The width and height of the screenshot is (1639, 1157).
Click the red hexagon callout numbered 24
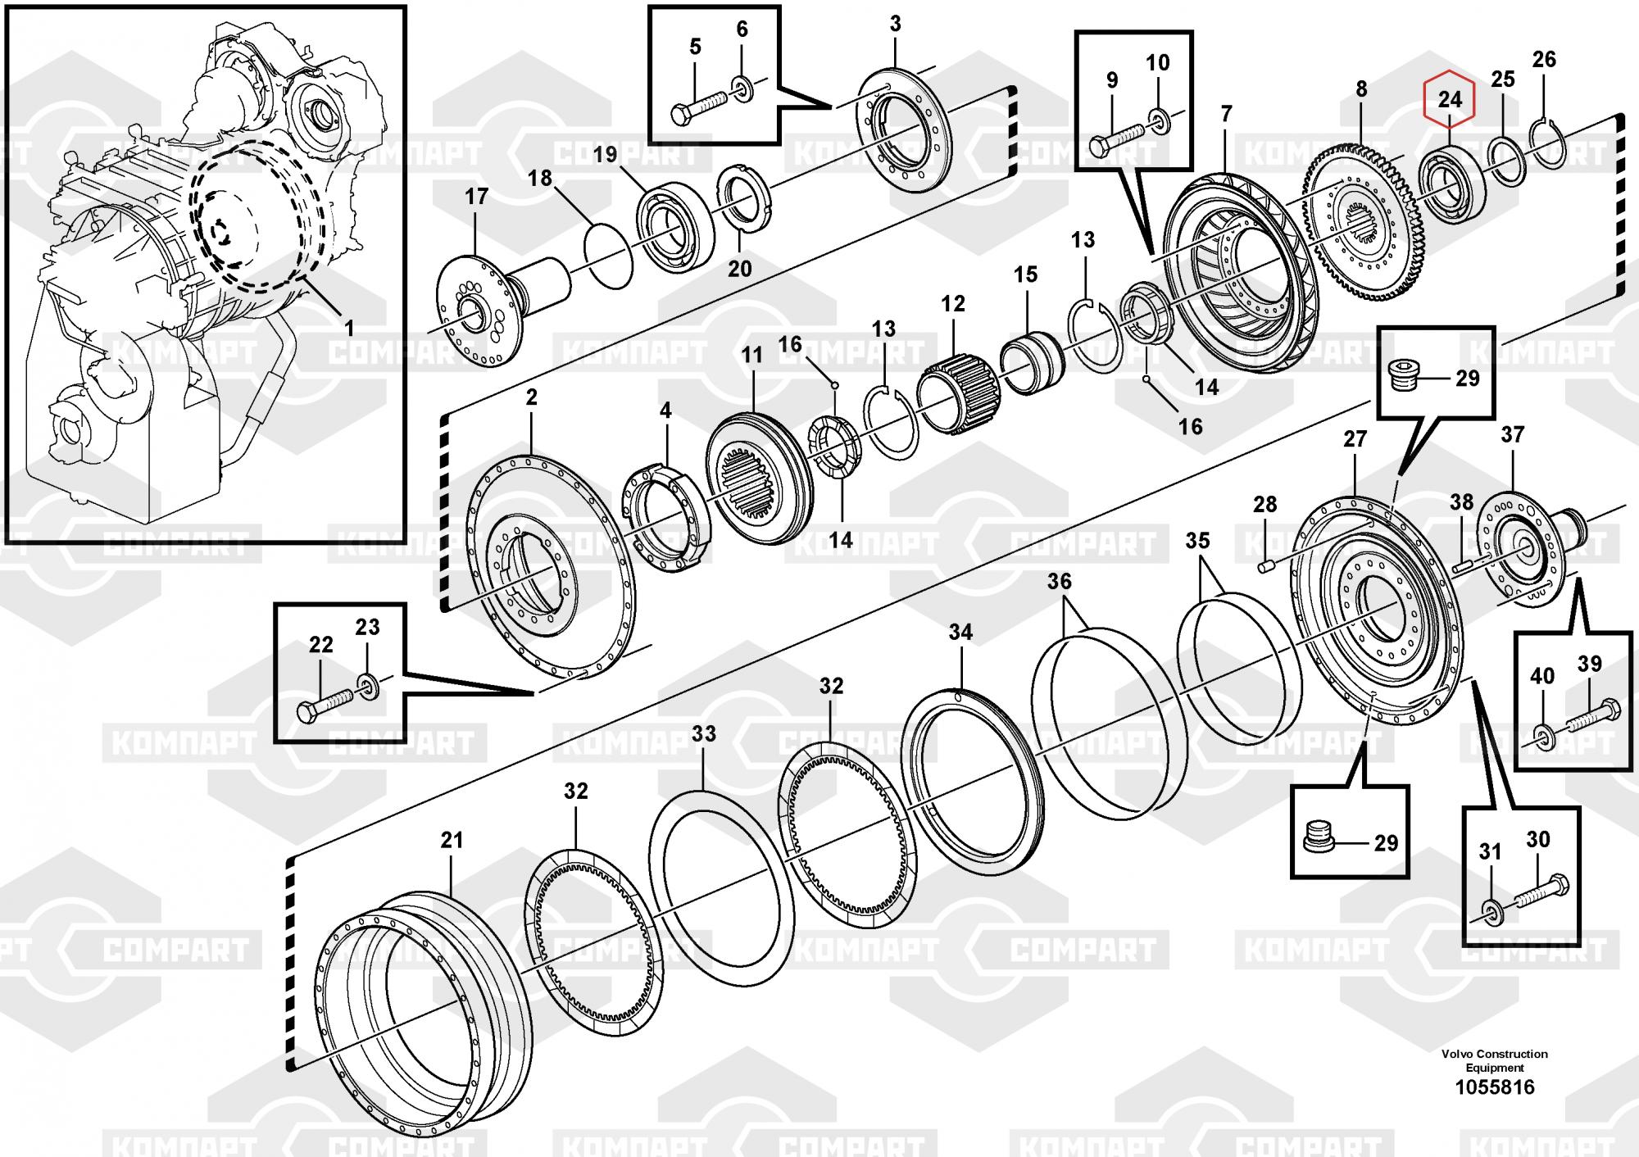[1450, 100]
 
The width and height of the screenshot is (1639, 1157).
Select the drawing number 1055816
[1494, 1087]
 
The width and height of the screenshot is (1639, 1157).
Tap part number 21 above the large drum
[452, 840]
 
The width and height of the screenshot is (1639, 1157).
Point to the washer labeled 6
[742, 88]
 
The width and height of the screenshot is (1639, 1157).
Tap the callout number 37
[1512, 434]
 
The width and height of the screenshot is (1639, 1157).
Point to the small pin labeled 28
[1266, 565]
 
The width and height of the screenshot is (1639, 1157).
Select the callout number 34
[960, 632]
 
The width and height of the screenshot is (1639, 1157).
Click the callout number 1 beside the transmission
[349, 329]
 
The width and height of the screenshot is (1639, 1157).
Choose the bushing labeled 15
[1032, 363]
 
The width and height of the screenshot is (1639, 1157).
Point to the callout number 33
[703, 733]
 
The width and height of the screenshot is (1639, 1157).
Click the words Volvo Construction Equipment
[1495, 1060]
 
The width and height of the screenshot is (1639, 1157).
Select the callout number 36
[1059, 582]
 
